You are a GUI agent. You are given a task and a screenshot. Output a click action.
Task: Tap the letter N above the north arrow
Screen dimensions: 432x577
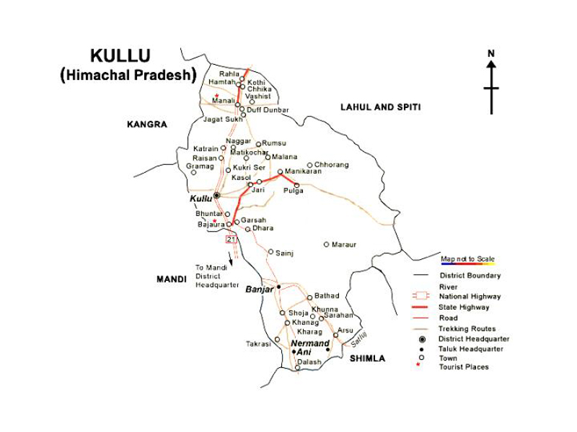coord(491,53)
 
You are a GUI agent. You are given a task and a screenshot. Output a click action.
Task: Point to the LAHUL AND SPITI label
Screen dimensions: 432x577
coord(380,107)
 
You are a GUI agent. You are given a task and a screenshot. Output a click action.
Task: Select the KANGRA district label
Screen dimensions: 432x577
coord(147,125)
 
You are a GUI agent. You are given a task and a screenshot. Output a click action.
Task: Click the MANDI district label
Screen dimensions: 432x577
coord(172,279)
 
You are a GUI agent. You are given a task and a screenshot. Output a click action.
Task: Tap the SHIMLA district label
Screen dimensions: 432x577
coord(367,359)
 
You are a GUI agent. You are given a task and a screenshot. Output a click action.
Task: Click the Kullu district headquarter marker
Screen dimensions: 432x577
coord(216,195)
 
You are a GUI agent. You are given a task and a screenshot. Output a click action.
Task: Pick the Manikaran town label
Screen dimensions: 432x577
coord(303,171)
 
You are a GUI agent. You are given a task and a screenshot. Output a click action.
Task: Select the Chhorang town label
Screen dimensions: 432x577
coord(331,165)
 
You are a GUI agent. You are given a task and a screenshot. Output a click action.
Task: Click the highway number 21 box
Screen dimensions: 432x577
coord(231,238)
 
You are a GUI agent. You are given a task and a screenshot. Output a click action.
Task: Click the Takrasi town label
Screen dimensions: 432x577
coord(258,344)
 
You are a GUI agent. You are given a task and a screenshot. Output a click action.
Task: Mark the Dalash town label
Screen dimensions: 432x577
coord(309,362)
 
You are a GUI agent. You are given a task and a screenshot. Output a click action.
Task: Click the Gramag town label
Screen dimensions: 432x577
coord(200,166)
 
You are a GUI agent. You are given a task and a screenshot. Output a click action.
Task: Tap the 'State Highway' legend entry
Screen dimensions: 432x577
coord(464,307)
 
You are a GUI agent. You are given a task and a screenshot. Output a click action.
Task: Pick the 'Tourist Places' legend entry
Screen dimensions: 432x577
coord(464,367)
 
